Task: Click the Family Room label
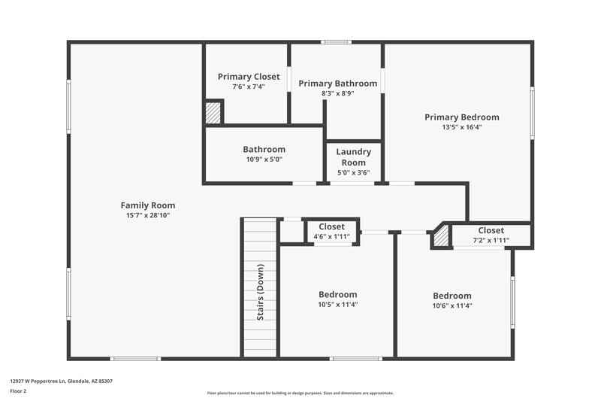[x=148, y=205]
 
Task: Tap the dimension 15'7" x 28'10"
[x=148, y=215]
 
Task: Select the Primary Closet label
[x=249, y=77]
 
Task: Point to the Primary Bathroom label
[x=337, y=84]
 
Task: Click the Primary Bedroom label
[x=461, y=117]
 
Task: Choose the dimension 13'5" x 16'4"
[x=461, y=127]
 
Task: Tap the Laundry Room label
[x=353, y=156]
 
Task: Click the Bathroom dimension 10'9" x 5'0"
[x=264, y=159]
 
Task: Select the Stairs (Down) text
[x=261, y=292]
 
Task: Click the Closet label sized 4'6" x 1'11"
[x=331, y=226]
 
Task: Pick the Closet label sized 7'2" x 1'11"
[x=491, y=230]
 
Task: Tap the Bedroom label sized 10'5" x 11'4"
[x=337, y=294]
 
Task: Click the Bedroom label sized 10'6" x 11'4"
[x=452, y=296]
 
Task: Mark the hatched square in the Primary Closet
[x=213, y=114]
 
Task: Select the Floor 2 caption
[x=18, y=391]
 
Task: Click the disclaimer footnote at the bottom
[x=300, y=393]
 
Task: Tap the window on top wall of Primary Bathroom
[x=337, y=42]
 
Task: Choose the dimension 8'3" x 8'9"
[x=337, y=93]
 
